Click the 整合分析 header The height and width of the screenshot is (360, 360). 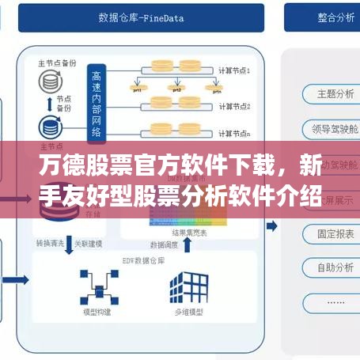point(320,17)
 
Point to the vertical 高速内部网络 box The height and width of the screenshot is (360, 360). point(97,100)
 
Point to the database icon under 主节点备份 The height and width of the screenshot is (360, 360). point(48,81)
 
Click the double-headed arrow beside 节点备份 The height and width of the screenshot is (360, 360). point(49,104)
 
